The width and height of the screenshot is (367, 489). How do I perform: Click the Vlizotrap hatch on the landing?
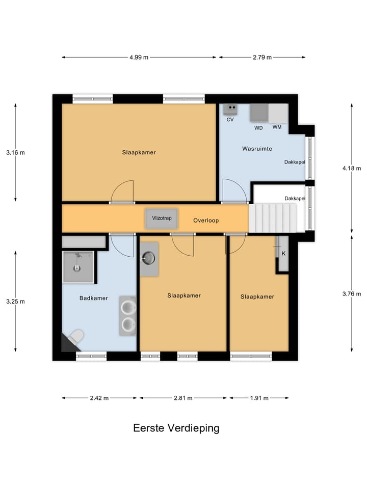(x=162, y=218)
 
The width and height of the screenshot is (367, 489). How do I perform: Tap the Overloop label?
(x=206, y=221)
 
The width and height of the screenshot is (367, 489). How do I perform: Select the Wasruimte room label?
(x=256, y=149)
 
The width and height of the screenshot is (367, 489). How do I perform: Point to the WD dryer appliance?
(x=258, y=113)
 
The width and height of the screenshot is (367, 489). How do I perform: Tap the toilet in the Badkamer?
(x=75, y=337)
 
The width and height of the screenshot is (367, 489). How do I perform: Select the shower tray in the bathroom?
(x=77, y=267)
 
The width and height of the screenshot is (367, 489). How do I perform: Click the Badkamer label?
(x=93, y=298)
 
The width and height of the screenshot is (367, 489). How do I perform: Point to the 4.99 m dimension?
(x=139, y=58)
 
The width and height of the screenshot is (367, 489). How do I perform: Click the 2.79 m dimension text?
(x=262, y=58)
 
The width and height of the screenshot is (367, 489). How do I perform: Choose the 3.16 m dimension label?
(x=15, y=152)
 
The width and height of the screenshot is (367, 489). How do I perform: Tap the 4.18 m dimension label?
(x=351, y=168)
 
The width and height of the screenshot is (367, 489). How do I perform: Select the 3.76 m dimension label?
(x=351, y=294)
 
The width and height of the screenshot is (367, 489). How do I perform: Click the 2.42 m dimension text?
(x=99, y=398)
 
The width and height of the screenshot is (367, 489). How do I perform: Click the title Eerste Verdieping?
(x=176, y=428)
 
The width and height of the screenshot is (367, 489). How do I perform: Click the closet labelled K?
(x=283, y=254)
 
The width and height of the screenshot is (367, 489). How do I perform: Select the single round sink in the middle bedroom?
(x=149, y=259)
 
